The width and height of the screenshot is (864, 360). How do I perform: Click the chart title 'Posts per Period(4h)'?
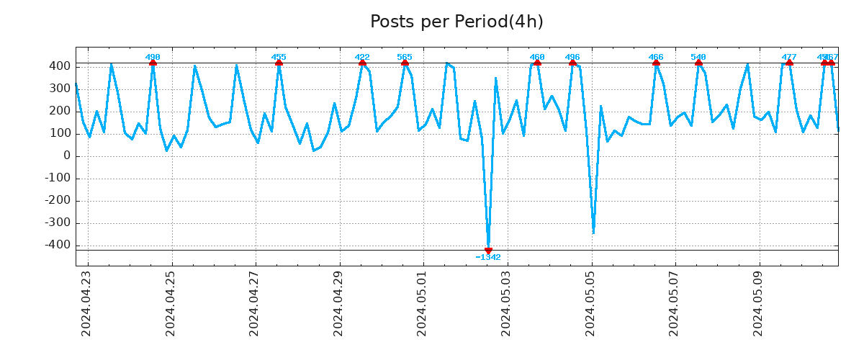click(456, 22)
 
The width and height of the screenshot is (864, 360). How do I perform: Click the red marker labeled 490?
click(153, 63)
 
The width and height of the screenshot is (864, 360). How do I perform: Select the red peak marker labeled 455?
click(279, 63)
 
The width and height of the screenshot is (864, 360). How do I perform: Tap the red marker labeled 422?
click(362, 63)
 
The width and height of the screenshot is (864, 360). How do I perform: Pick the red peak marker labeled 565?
click(405, 63)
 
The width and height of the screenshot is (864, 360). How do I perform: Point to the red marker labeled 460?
click(537, 63)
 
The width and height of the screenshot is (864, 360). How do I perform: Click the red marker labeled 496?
click(572, 63)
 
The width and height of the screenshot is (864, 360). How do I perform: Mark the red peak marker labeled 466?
click(656, 63)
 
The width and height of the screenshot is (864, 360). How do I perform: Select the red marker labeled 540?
click(698, 63)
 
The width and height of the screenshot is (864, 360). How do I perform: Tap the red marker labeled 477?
click(789, 63)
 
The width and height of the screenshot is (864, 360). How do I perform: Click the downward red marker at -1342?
click(488, 251)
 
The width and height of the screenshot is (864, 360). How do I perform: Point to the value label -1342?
click(488, 258)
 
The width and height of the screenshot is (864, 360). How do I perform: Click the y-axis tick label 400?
click(59, 66)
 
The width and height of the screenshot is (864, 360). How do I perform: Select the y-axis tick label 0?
click(66, 156)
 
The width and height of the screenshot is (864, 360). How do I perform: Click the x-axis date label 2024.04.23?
click(86, 303)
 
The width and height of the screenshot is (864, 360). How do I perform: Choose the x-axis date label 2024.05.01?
click(423, 303)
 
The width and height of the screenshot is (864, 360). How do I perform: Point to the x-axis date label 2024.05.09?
click(759, 303)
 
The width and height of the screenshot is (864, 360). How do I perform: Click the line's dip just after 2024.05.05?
click(593, 232)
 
